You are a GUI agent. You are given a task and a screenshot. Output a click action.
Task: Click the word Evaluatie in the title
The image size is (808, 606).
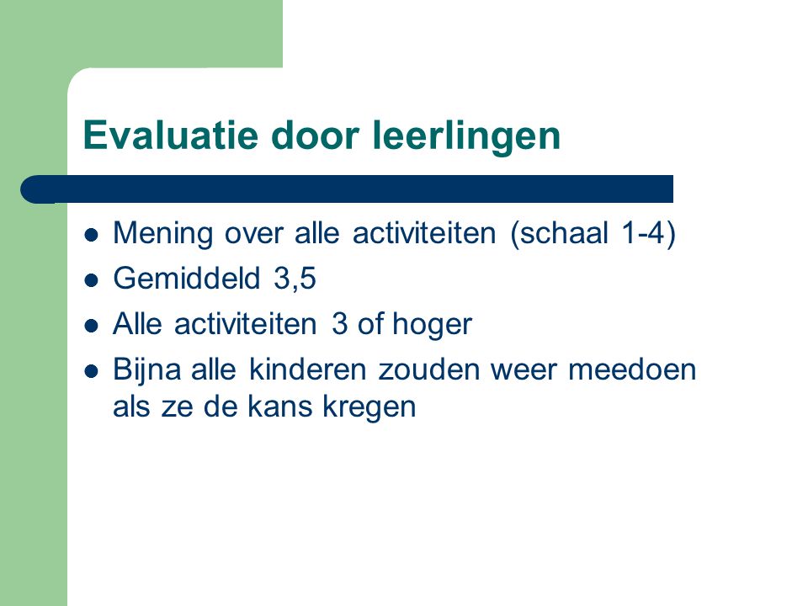171,135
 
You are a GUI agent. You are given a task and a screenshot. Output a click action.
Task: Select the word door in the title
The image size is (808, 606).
315,135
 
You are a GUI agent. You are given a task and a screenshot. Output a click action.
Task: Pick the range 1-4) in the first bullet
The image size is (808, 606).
648,233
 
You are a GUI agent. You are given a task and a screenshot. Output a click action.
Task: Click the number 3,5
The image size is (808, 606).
295,279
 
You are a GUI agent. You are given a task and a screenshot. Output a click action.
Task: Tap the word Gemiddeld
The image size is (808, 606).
187,279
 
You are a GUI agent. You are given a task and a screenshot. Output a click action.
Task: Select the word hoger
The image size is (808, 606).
433,325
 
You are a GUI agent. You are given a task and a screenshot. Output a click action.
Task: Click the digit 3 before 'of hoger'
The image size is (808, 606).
339,324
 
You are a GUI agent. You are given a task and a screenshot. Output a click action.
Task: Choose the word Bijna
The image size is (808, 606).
146,370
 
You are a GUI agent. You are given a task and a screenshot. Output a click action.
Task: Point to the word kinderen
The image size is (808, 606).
308,369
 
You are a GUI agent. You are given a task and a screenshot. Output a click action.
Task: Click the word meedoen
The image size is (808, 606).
632,369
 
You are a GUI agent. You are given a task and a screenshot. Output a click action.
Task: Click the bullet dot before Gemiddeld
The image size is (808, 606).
91,280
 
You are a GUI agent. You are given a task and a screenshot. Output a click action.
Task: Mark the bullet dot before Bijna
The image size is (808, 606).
91,371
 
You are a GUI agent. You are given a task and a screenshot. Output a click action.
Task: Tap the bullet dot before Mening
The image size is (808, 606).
91,235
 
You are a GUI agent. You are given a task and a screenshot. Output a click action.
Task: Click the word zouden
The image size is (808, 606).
429,369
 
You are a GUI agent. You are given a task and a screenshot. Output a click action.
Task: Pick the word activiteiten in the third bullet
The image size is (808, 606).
245,324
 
